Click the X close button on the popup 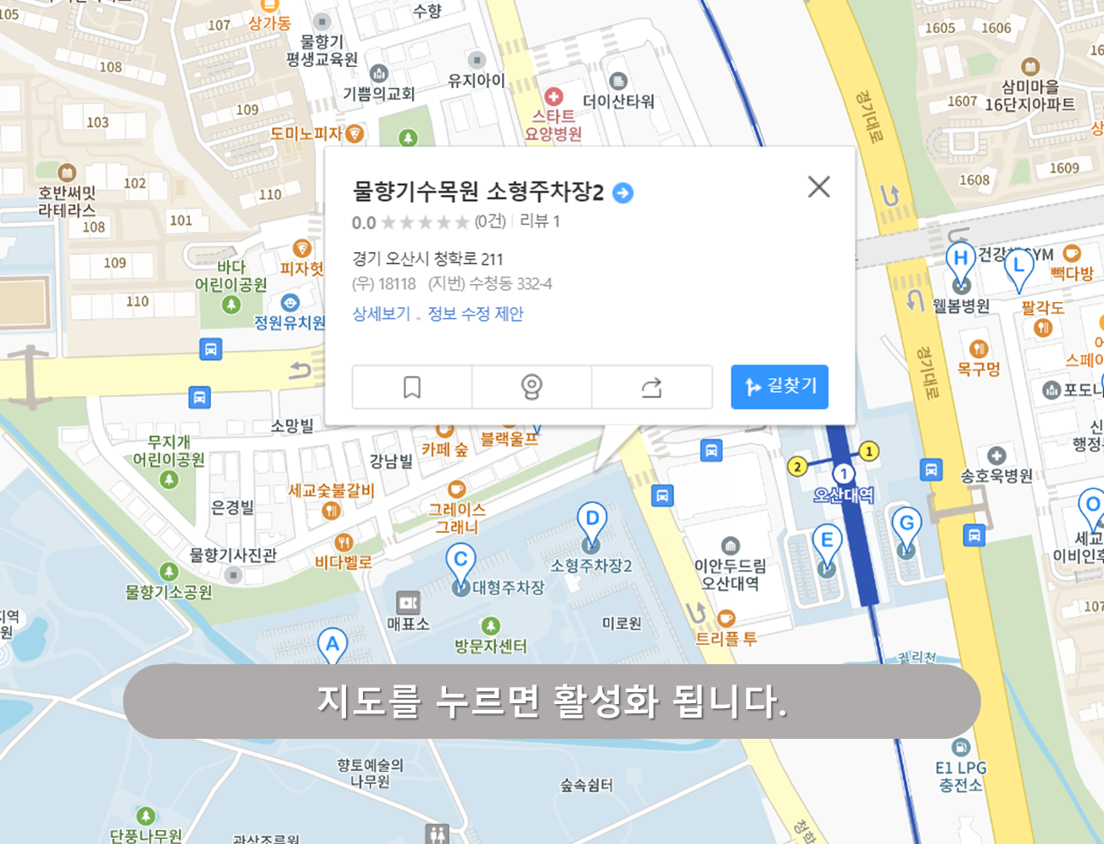pos(818,187)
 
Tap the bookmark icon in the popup pos(412,388)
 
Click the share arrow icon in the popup pos(651,388)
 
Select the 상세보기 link pos(382,314)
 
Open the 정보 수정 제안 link pos(476,314)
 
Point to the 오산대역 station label pos(843,495)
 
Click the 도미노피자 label pos(306,134)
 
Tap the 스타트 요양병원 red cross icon pos(554,97)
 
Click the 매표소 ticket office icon pos(408,603)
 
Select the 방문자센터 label pos(490,646)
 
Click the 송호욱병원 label pos(996,476)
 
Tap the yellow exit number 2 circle pos(796,466)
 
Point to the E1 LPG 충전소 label pos(961,776)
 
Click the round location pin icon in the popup pos(532,388)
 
